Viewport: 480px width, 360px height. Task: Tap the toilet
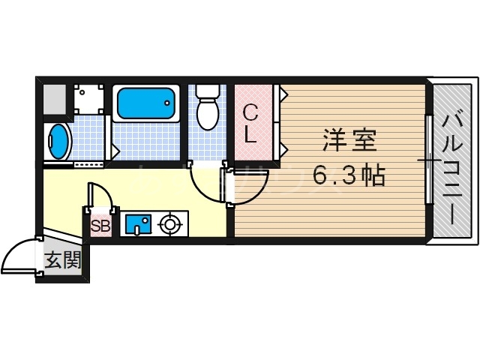pos(206,112)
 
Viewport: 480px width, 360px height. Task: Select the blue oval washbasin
pos(58,140)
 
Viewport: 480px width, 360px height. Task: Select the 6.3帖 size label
pos(349,176)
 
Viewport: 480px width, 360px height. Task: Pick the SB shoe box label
pos(100,224)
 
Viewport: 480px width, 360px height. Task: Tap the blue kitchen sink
pos(136,224)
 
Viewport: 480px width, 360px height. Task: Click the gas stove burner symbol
pos(170,223)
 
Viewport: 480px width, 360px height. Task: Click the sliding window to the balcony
pos(428,160)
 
